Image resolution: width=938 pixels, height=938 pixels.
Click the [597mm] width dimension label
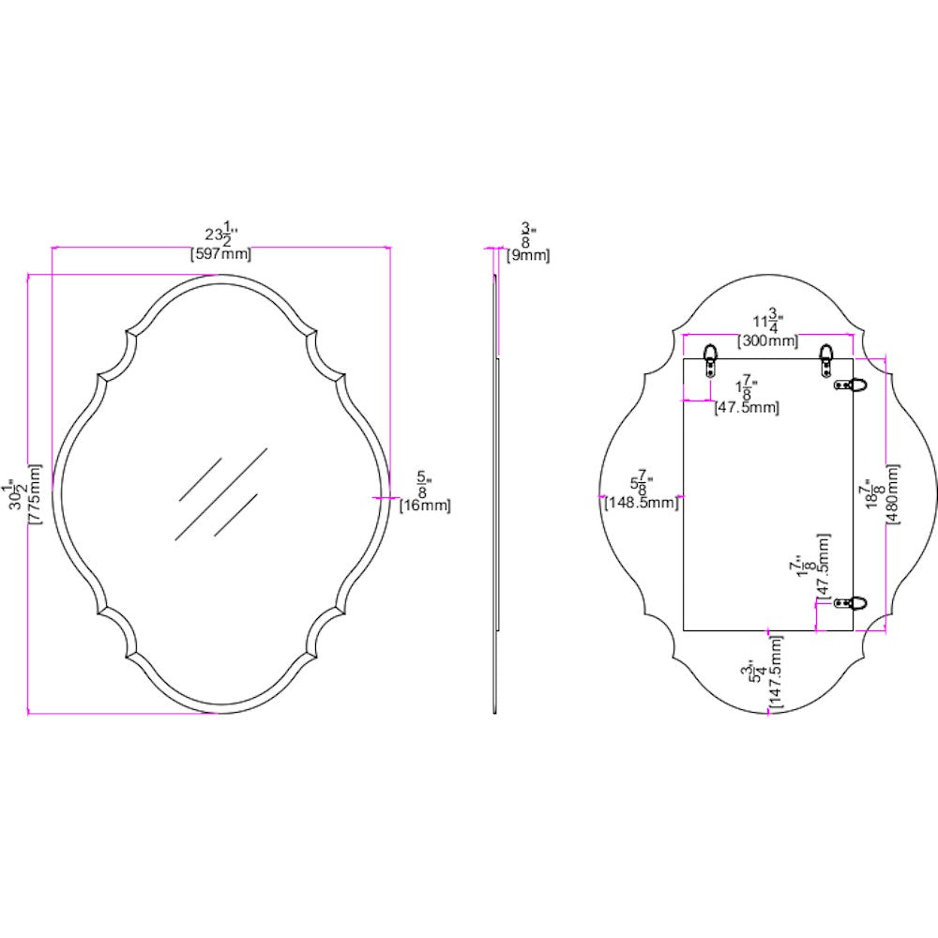(220, 253)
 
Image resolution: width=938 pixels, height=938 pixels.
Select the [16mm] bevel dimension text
(425, 505)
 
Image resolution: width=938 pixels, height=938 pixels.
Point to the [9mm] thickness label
(528, 254)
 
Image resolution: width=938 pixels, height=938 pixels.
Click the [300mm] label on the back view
(768, 340)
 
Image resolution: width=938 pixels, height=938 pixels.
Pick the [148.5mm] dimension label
(639, 503)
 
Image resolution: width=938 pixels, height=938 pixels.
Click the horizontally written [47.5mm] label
(746, 406)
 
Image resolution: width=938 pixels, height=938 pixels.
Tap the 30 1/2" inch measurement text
(16, 493)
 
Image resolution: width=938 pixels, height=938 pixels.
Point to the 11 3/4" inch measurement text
(768, 320)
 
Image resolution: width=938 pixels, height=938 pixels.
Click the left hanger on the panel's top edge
(711, 357)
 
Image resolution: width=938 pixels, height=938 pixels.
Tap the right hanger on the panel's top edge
(826, 357)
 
